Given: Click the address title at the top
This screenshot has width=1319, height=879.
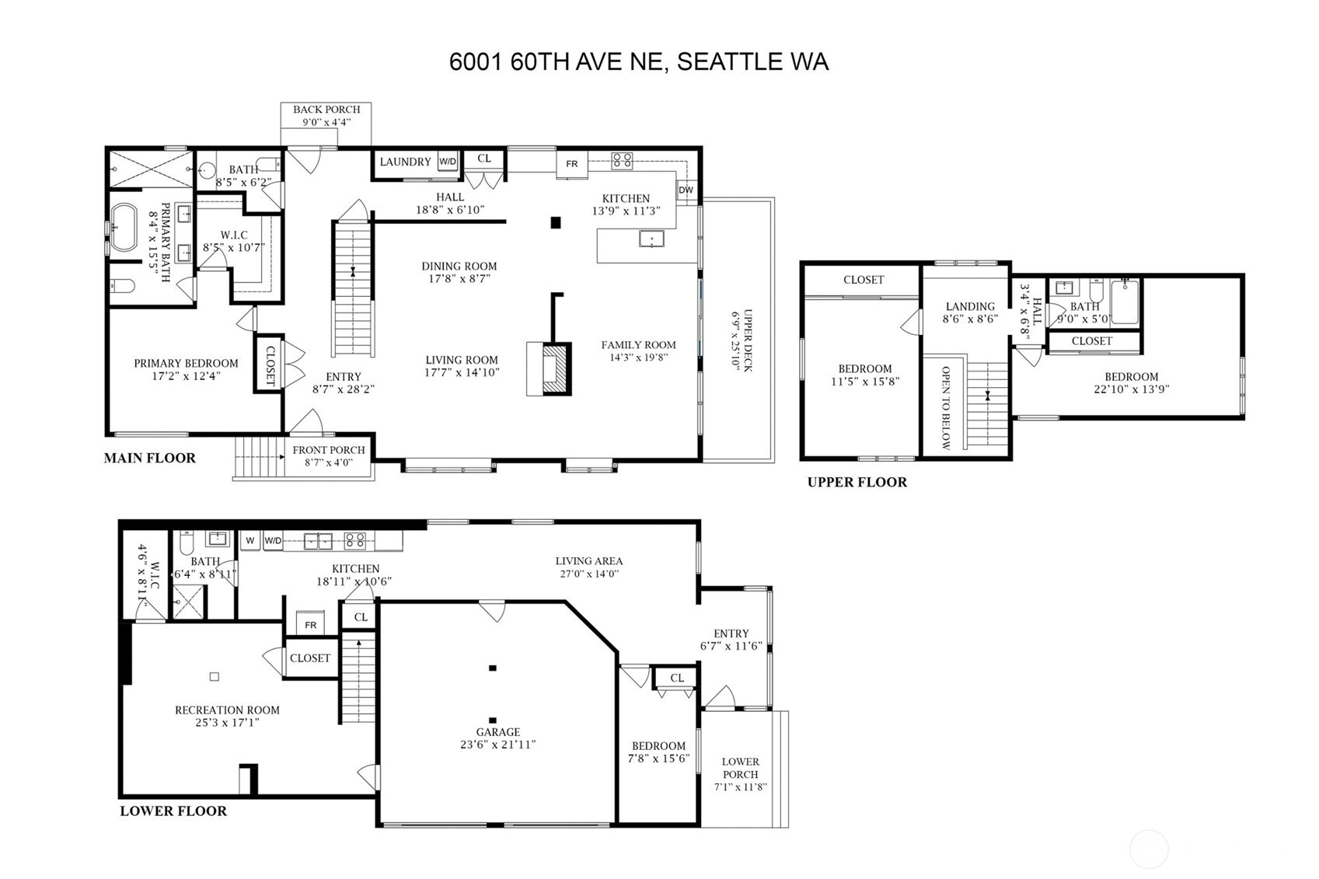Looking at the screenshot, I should click(639, 61).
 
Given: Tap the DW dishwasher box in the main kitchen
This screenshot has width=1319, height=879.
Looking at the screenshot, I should click(686, 190).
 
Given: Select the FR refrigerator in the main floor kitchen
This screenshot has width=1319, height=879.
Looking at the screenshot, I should click(572, 164).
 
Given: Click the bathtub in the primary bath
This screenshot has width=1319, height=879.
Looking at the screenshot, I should click(123, 228).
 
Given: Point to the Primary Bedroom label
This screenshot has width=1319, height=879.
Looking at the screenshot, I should click(186, 369).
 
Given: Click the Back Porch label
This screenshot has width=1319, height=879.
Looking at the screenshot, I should click(326, 115).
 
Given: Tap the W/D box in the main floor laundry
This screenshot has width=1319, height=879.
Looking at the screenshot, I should click(448, 162).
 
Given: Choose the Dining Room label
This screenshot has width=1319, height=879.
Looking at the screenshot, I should click(459, 272).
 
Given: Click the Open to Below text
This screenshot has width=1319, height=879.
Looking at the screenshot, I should click(945, 408).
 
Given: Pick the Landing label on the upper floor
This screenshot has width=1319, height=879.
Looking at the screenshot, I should click(970, 312).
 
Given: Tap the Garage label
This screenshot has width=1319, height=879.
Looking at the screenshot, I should click(498, 738).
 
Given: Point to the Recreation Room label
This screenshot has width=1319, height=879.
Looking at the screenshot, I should click(227, 716).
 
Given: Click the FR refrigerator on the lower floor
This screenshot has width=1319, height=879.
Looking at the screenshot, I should click(311, 625).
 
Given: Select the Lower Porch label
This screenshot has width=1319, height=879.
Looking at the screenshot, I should click(741, 774).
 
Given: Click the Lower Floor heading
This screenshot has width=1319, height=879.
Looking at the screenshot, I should click(173, 811).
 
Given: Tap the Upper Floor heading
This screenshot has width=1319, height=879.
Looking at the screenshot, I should click(857, 482).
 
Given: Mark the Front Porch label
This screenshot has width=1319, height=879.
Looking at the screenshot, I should click(328, 455).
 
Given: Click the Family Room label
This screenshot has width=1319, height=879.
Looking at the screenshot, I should click(638, 351).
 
